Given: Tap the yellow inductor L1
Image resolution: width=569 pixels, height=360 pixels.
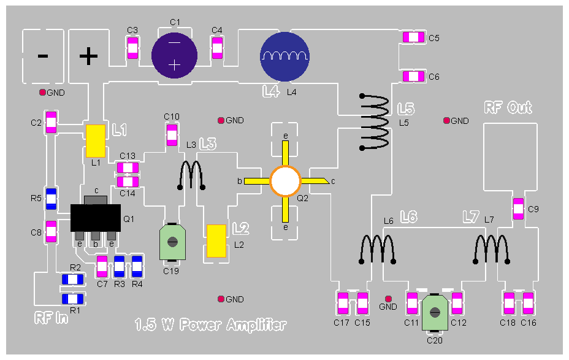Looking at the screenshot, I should (95, 140).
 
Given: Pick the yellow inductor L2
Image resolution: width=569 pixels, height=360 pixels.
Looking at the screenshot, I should (216, 241).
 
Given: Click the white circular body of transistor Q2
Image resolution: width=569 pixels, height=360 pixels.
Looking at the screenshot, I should (286, 182).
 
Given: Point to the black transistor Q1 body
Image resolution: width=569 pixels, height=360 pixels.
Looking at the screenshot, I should (96, 217).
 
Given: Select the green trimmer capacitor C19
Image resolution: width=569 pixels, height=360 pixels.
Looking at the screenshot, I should (174, 242).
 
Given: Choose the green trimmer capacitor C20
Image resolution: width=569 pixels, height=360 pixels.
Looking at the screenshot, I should (435, 312).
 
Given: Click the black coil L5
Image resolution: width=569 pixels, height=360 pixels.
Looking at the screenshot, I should (374, 123).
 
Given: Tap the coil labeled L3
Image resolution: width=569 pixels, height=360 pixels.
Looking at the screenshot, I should (192, 175).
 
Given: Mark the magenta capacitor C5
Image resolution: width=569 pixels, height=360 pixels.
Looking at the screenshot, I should (413, 37).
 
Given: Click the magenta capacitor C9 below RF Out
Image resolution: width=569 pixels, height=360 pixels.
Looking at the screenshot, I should (518, 209).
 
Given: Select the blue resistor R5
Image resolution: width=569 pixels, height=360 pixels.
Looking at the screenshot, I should (52, 198).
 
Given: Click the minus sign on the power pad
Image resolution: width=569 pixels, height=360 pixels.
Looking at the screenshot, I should (43, 56).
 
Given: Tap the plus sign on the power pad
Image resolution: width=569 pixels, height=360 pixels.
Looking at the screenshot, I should (89, 56).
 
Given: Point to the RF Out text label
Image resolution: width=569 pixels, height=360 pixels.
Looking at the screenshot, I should (508, 108).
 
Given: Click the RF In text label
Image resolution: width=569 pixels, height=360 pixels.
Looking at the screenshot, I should (51, 319).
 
